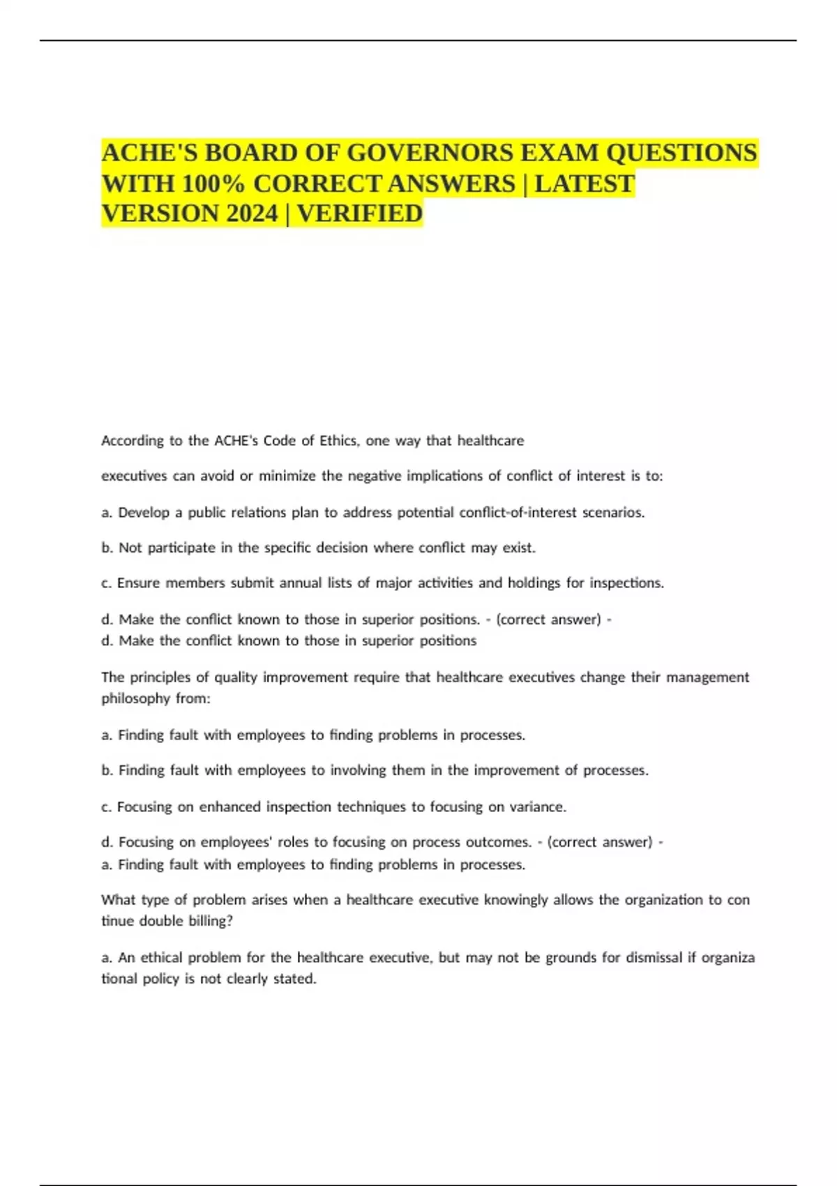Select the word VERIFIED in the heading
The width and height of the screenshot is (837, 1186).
(x=360, y=213)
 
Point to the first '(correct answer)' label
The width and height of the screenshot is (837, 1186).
(x=549, y=620)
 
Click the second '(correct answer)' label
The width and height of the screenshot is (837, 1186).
(x=600, y=842)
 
